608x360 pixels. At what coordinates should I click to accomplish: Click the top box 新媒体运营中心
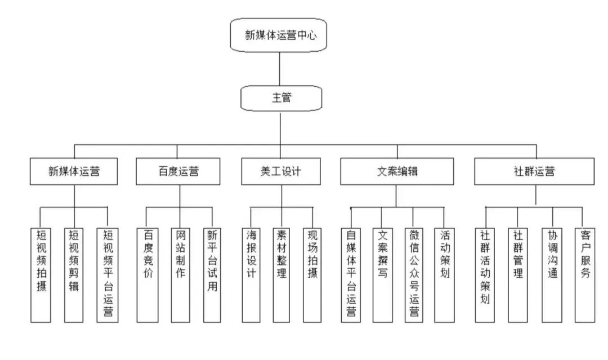(280, 35)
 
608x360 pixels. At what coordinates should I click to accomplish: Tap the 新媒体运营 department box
(74, 171)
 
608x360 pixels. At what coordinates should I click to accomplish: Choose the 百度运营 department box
(178, 171)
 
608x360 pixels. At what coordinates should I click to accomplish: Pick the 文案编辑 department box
(396, 171)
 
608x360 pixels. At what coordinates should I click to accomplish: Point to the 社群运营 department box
(534, 171)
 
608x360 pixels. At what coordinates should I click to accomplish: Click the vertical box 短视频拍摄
(42, 274)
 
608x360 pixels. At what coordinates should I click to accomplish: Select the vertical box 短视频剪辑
(73, 274)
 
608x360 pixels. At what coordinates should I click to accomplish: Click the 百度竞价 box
(147, 274)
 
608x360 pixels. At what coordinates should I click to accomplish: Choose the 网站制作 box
(180, 274)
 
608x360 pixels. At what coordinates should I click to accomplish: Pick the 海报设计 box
(251, 274)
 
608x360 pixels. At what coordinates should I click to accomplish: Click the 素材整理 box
(281, 274)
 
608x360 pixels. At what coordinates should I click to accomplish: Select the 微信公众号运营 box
(414, 274)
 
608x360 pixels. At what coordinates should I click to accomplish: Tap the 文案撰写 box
(382, 274)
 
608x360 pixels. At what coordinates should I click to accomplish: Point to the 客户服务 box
(584, 274)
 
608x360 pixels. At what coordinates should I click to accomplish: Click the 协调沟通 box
(552, 274)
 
